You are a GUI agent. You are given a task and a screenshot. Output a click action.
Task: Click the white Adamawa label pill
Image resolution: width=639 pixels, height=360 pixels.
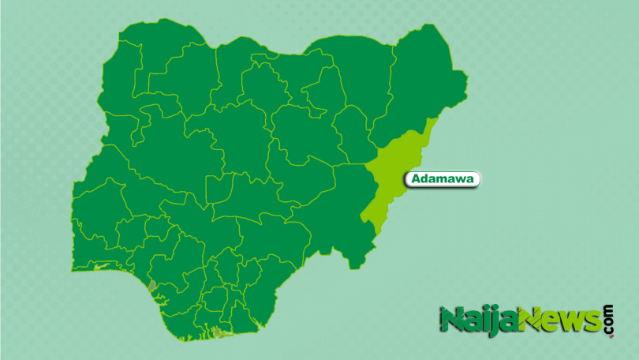[443, 180]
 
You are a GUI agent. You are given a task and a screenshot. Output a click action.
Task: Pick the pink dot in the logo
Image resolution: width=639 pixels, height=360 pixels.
[609, 336]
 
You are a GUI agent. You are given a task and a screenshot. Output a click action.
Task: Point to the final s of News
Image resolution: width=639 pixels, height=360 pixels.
[592, 321]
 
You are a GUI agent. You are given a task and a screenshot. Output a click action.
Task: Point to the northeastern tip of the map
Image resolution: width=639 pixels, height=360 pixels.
[465, 79]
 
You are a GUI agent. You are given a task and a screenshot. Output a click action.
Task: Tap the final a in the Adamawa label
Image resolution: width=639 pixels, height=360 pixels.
[470, 180]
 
